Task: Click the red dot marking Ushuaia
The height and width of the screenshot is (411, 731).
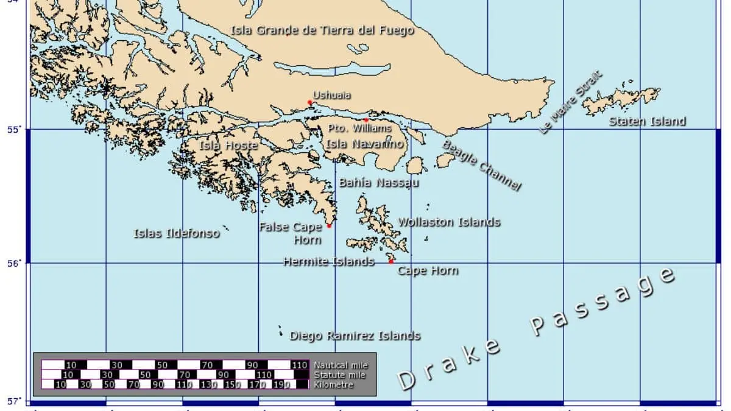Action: click(x=310, y=102)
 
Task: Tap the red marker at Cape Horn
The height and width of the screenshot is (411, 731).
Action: click(x=391, y=261)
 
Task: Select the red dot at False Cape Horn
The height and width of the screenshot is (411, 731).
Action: click(x=329, y=226)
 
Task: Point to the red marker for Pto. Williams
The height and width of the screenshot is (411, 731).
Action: click(x=366, y=120)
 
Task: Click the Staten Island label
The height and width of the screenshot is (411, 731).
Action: click(x=648, y=122)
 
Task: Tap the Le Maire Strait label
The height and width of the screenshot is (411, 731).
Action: click(x=570, y=102)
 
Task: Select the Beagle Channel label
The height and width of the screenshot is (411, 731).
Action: click(x=481, y=166)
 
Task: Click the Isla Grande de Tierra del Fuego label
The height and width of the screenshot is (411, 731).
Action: click(x=322, y=30)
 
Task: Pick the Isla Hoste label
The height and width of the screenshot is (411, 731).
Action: click(x=229, y=146)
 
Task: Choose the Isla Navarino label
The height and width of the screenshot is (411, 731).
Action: click(x=365, y=144)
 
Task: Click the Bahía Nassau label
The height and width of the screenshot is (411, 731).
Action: click(x=379, y=183)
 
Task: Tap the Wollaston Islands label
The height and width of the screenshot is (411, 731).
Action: click(x=449, y=222)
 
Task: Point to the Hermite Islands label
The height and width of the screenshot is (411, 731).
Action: click(x=329, y=262)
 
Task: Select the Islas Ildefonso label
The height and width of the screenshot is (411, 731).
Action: click(x=177, y=233)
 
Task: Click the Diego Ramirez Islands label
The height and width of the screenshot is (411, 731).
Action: click(x=355, y=335)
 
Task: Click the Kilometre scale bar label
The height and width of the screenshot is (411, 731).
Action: click(x=334, y=385)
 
